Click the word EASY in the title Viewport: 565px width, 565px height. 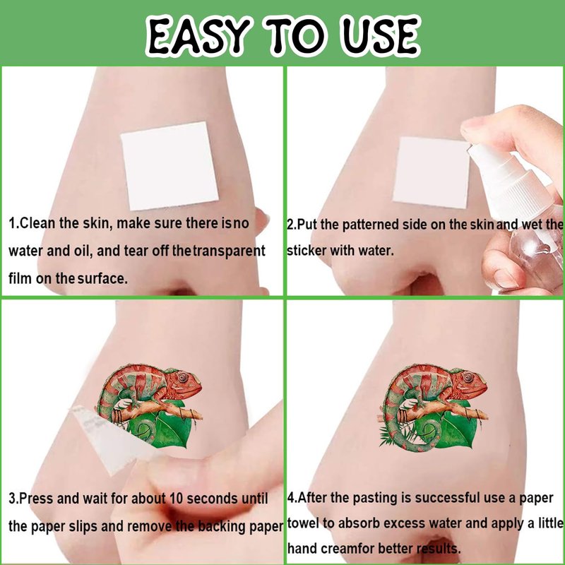(x=198, y=35)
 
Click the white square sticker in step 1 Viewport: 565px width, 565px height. (x=169, y=166)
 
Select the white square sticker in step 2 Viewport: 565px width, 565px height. (x=432, y=173)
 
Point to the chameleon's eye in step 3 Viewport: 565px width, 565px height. (x=183, y=377)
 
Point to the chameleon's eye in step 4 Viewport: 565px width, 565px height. (x=468, y=377)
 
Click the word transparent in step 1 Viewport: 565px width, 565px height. (x=229, y=251)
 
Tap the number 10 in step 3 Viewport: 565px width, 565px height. (x=176, y=499)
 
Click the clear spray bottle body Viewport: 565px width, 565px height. (x=533, y=252)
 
